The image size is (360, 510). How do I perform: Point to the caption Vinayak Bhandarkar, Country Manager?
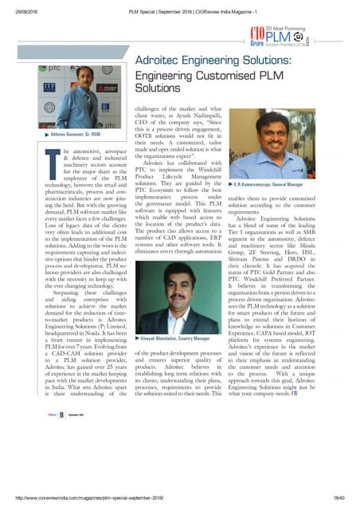tap(171, 361)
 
